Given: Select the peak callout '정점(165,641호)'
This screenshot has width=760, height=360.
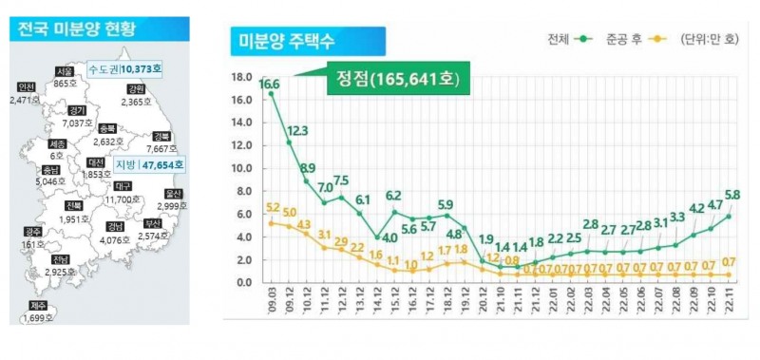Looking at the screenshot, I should (x=398, y=79).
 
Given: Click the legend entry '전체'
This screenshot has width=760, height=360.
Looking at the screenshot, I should (x=558, y=40).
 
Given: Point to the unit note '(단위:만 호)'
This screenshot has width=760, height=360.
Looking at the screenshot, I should (x=708, y=40).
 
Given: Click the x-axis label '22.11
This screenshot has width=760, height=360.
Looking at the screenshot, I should (x=730, y=305).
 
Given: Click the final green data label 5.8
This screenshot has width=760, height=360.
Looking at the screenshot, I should (x=731, y=195).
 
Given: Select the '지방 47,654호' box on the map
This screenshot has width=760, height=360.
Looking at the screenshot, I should (x=150, y=164).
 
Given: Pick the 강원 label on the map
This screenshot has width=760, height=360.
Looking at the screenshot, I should (x=136, y=89).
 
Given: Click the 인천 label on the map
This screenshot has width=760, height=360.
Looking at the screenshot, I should (x=26, y=87).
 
